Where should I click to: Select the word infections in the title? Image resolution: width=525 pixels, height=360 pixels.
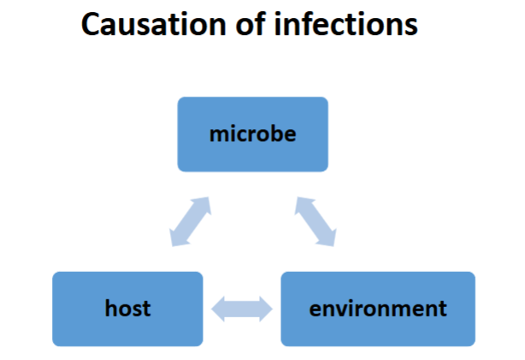click(348, 25)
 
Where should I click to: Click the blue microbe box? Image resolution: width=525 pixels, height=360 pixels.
click(252, 134)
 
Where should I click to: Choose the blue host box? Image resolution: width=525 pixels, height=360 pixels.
click(127, 309)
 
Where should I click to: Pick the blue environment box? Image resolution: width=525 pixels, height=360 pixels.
click(378, 309)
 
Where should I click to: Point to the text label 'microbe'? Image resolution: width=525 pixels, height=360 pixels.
click(252, 134)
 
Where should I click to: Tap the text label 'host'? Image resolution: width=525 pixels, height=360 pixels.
click(127, 308)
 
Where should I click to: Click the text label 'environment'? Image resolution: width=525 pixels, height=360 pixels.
click(378, 308)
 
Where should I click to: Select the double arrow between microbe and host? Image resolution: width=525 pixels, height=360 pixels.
click(190, 221)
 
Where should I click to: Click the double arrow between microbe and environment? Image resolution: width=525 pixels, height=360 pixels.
click(316, 221)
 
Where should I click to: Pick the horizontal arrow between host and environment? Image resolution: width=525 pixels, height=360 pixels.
click(242, 309)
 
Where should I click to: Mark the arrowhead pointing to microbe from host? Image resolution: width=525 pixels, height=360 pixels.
click(203, 205)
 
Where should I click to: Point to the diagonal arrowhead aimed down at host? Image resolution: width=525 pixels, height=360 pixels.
click(177, 238)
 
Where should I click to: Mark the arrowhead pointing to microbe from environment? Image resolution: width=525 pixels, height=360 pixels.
click(303, 205)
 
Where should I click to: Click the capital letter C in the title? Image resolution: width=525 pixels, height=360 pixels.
click(91, 25)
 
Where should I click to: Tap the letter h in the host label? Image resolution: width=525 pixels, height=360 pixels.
click(109, 308)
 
